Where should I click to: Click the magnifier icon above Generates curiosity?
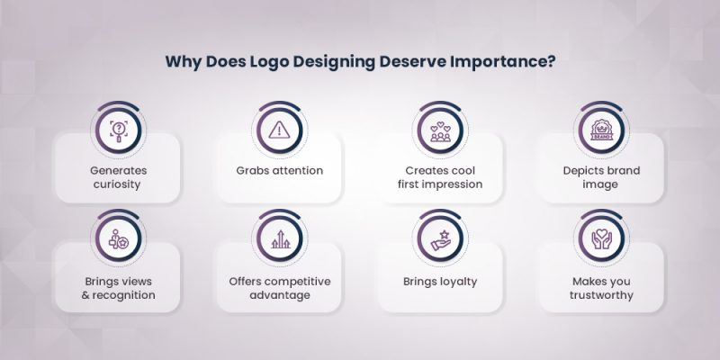117,131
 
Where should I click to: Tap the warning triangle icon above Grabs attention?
278,131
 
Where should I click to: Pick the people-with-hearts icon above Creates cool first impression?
440,131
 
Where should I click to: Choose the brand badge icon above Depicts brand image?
601,131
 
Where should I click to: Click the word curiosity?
117,184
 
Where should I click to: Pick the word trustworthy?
601,294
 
